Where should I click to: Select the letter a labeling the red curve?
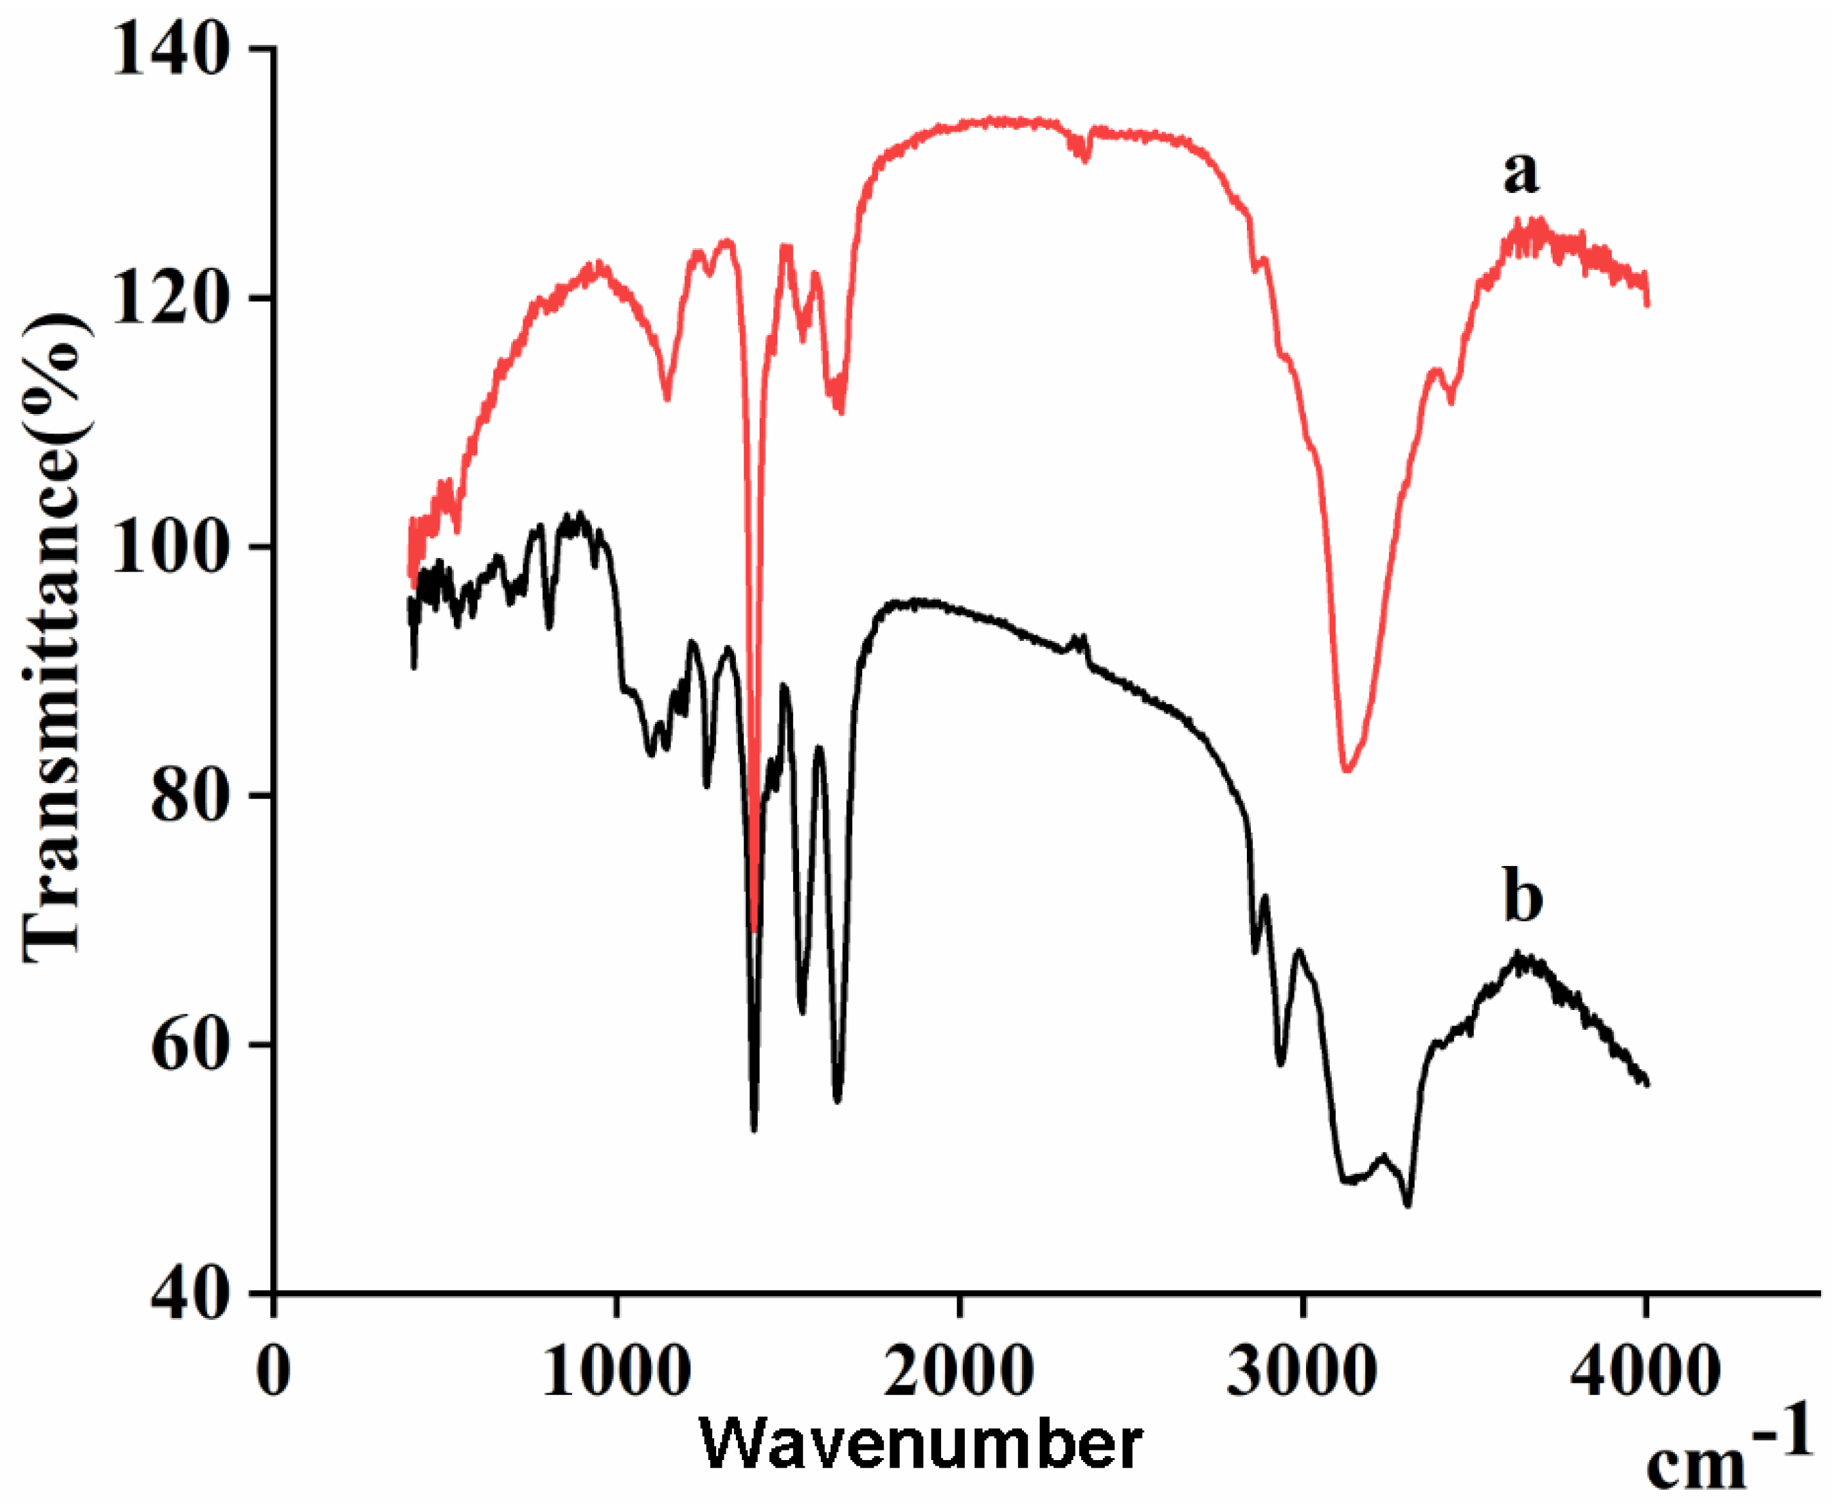[1521, 171]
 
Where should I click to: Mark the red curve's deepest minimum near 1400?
[754, 930]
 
